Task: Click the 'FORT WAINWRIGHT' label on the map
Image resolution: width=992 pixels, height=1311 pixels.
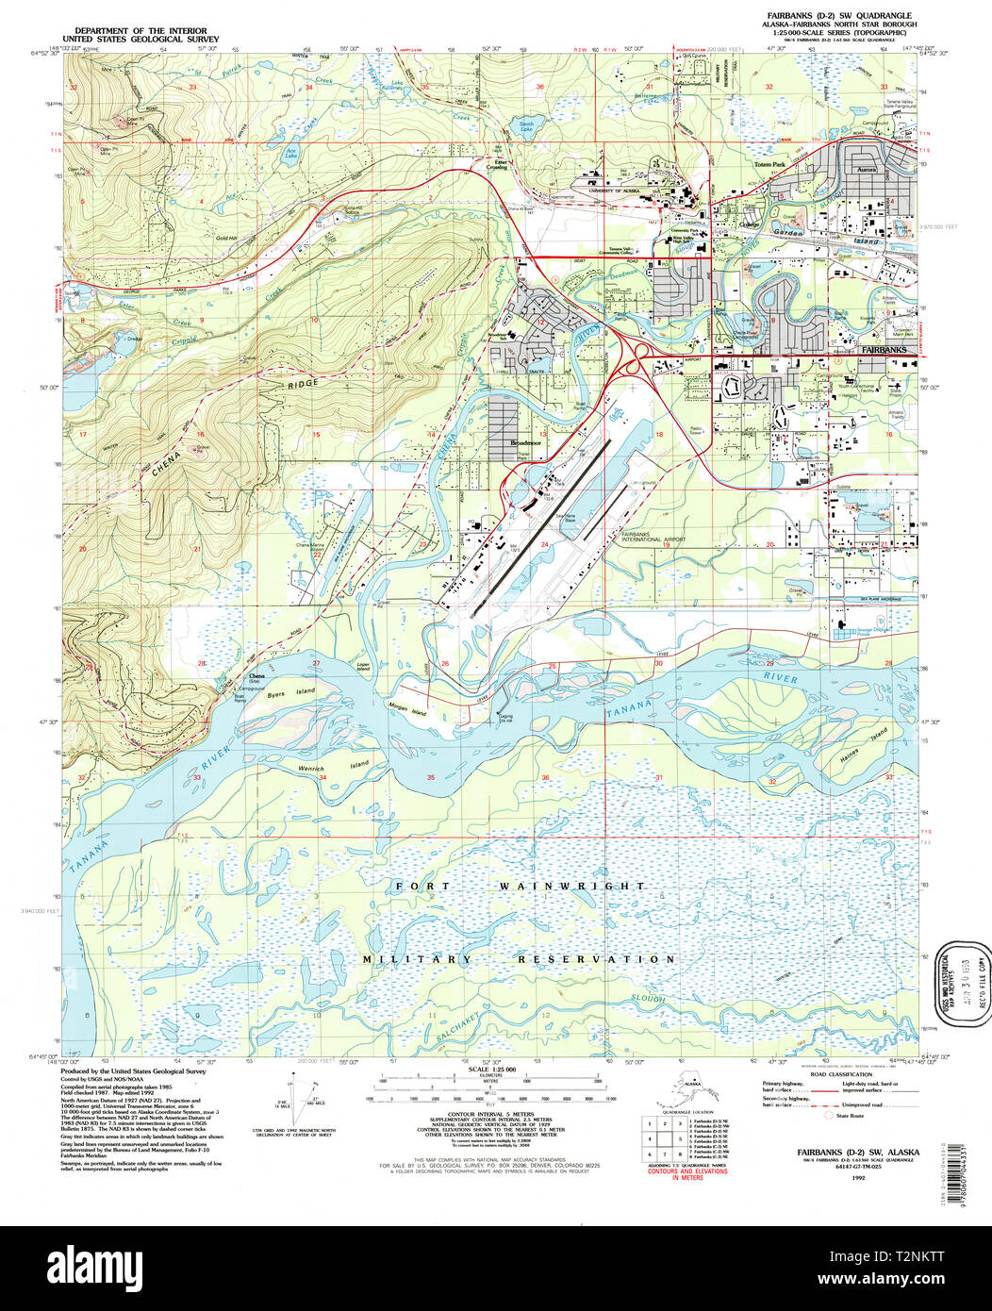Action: pos(521,887)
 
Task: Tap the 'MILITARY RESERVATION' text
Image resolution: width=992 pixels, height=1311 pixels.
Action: pos(521,959)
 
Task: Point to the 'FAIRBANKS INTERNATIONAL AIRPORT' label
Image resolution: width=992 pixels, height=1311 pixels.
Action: pos(653,538)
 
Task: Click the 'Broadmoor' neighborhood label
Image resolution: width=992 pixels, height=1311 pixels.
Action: pos(524,441)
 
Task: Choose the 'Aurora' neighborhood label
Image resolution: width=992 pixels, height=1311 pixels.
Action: pos(866,170)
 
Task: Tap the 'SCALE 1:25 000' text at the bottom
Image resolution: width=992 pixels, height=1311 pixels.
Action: pos(495,1069)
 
